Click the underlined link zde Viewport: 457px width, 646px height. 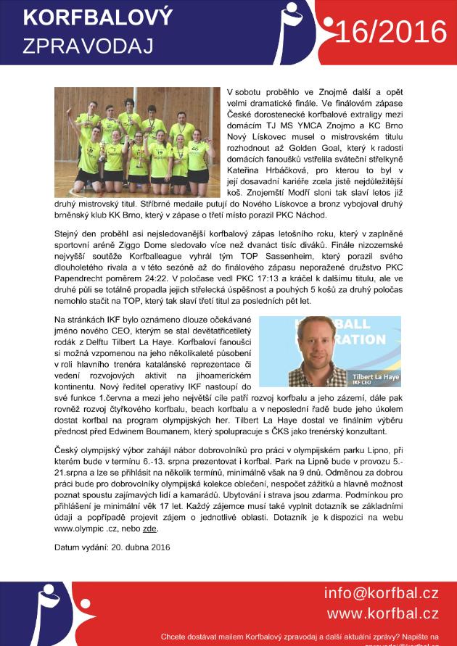pyautogui.click(x=150, y=529)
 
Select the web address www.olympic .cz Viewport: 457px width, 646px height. pyautogui.click(x=85, y=529)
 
